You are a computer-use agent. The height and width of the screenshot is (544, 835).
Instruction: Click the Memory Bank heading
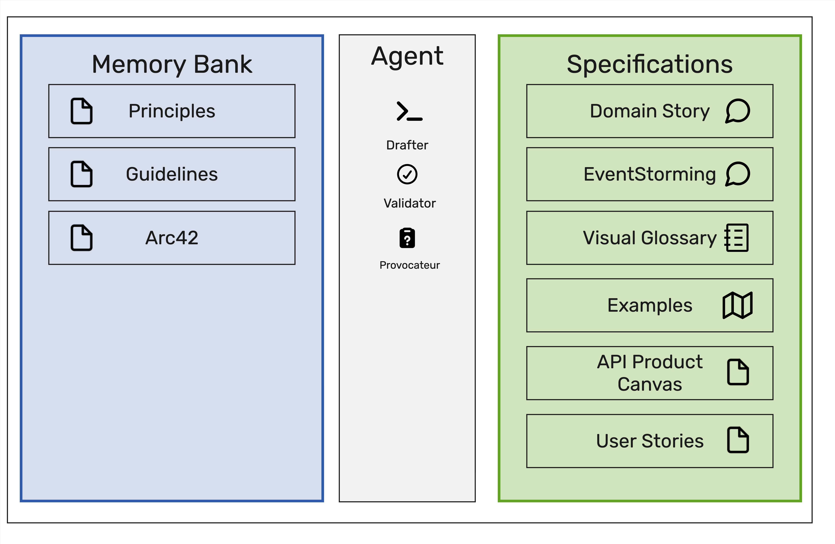click(172, 65)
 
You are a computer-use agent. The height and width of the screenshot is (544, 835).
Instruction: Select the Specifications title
click(650, 65)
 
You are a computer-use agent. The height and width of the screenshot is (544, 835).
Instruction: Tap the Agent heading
click(407, 57)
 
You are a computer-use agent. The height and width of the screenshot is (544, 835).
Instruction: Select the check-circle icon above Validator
click(407, 174)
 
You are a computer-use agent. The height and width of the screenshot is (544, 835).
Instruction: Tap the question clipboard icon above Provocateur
click(407, 238)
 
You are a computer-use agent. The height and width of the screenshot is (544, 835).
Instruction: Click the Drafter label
click(407, 145)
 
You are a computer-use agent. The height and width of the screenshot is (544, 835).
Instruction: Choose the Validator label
click(410, 203)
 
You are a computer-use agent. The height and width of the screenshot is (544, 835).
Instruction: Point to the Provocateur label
click(410, 265)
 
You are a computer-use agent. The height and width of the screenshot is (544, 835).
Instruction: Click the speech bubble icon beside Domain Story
click(738, 111)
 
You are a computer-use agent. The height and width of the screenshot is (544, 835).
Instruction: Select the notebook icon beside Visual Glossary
click(736, 238)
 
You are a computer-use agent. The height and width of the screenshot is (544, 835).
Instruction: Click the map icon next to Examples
click(737, 305)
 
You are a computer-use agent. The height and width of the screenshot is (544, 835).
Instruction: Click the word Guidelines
click(172, 174)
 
